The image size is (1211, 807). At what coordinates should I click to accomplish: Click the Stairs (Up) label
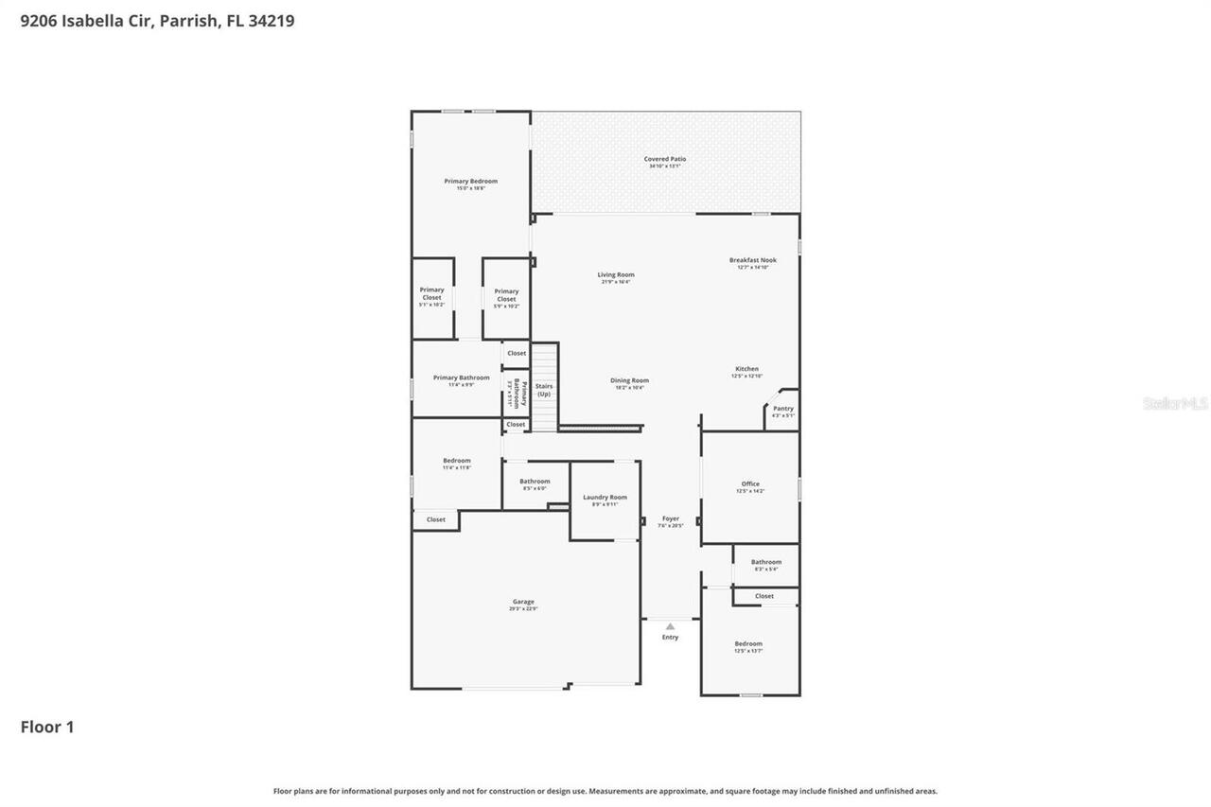[x=544, y=390]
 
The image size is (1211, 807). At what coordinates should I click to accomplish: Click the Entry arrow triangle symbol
[x=670, y=626]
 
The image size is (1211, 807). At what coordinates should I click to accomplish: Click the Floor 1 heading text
[x=47, y=727]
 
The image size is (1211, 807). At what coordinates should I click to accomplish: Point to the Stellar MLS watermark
[x=1175, y=403]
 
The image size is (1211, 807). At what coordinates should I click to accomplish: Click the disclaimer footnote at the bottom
[x=605, y=791]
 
